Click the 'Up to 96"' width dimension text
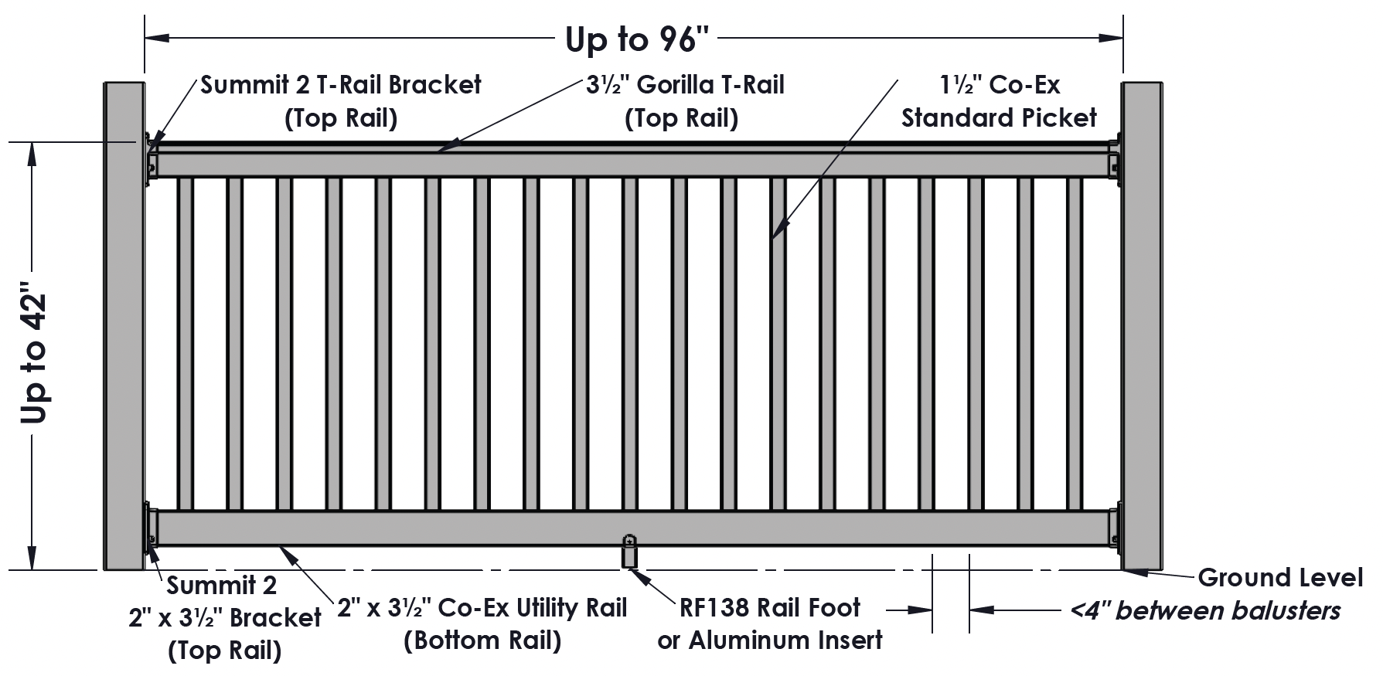tap(636, 39)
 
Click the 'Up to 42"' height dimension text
tap(35, 357)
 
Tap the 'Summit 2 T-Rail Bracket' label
tap(341, 84)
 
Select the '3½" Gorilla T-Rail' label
tap(685, 84)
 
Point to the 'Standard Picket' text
tap(999, 118)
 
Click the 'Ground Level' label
tap(1279, 577)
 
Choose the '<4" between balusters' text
tap(1204, 611)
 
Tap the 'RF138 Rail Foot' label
tap(770, 608)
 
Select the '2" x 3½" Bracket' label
tap(224, 617)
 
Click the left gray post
tap(124, 324)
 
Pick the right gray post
tap(1143, 324)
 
